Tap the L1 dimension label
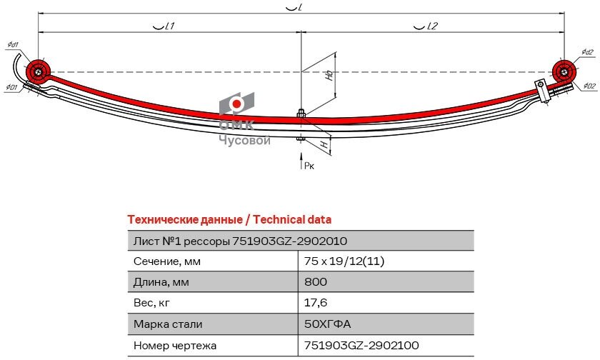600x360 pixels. click(164, 26)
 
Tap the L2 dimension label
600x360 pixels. click(425, 26)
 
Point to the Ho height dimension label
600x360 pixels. click(329, 75)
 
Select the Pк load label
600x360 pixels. click(309, 165)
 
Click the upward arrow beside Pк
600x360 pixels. click(301, 160)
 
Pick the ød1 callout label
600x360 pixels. click(13, 45)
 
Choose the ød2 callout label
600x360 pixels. click(587, 52)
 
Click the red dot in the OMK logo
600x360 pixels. click(237, 104)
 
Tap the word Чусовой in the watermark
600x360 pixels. click(244, 141)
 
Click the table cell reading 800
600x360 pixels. click(316, 282)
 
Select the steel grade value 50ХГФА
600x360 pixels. click(327, 324)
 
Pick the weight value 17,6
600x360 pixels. click(316, 303)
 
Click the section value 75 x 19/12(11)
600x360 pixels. click(344, 261)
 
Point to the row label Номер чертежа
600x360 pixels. click(175, 346)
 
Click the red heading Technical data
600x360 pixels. click(292, 219)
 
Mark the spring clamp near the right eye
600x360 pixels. click(542, 91)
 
